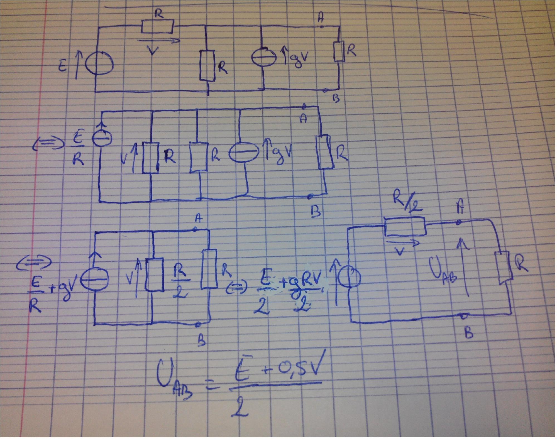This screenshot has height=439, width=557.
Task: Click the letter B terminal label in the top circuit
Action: [x=336, y=99]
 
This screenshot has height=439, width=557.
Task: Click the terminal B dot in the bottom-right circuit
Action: [x=464, y=317]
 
